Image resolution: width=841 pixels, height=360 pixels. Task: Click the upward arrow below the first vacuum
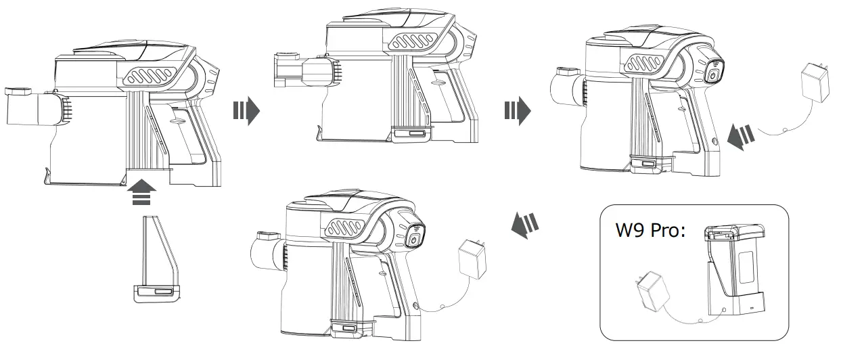pos(141,192)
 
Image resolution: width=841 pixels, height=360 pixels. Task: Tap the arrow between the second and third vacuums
pos(518,110)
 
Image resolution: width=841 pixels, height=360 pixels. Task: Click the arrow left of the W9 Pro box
pos(523,223)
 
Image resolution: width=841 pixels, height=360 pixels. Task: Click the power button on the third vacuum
pos(714,74)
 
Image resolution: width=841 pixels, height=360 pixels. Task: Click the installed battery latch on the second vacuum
pos(412,133)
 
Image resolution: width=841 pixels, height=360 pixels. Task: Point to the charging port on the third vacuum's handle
pos(716,141)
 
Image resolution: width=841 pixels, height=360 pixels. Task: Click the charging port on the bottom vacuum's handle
pos(414,307)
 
